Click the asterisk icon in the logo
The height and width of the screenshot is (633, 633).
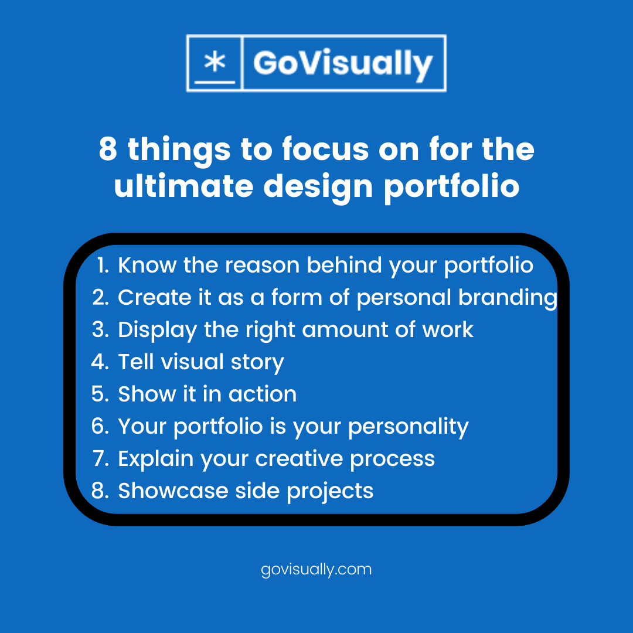pos(215,63)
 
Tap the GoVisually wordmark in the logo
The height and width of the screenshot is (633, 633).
pos(343,63)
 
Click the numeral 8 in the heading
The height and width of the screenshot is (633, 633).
pos(107,149)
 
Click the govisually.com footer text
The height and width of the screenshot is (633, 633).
pos(316,569)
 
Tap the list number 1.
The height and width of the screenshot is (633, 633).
pos(103,266)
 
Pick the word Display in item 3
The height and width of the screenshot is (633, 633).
pos(157,330)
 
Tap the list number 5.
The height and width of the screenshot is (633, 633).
pos(100,394)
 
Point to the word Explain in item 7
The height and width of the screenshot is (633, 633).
pos(155,459)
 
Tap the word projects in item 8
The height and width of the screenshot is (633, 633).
pos(329,491)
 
